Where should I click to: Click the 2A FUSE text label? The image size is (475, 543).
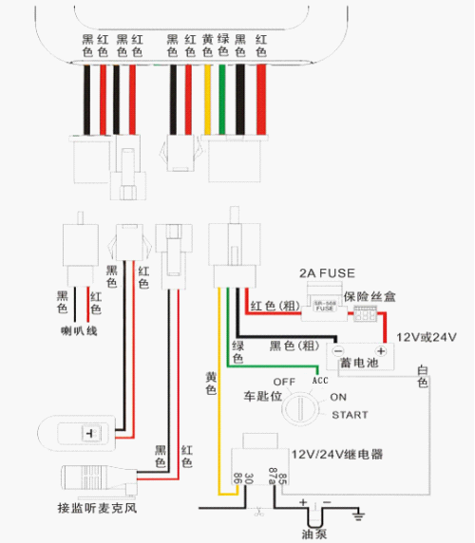(x=327, y=273)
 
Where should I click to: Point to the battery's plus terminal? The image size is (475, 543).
(x=379, y=351)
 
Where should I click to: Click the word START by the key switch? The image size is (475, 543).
(x=349, y=415)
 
